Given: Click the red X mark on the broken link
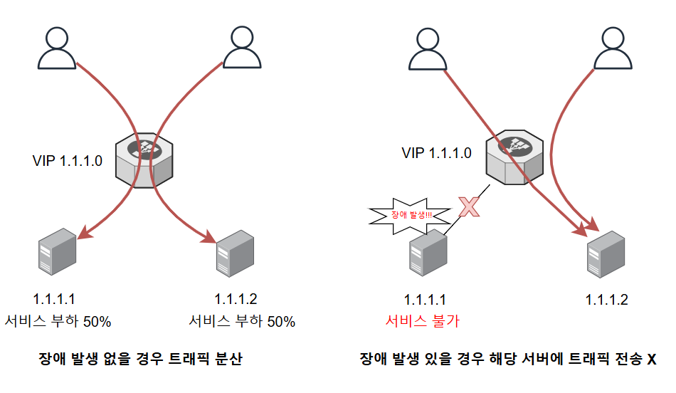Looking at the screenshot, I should point(468,206).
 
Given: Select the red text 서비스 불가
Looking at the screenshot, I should point(423,321).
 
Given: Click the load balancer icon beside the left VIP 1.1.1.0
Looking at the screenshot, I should point(145,159).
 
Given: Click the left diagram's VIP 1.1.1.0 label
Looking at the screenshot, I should point(68,161).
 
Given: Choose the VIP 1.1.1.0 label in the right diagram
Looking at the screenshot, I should point(436,152).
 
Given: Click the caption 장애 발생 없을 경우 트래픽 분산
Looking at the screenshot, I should point(140,360).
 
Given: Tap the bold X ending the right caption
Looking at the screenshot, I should point(651,360).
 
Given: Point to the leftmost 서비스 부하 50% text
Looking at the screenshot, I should point(58,321).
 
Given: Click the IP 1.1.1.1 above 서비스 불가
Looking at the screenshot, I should point(425,300).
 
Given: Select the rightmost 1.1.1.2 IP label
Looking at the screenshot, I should point(607,300).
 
